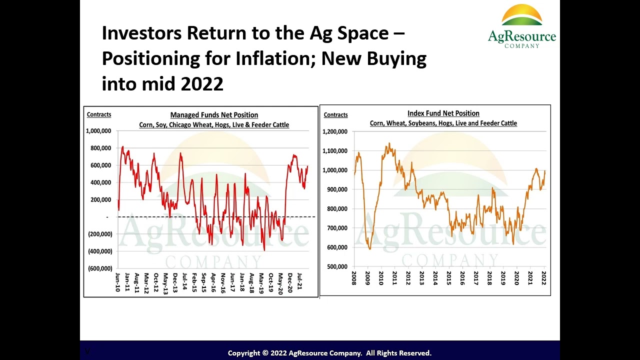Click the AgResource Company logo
521,26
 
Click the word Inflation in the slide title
260,58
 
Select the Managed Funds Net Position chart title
214,115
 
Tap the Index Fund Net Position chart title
443,113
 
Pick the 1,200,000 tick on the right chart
335,131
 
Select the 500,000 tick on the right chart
337,266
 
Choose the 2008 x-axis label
354,278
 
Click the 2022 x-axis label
544,278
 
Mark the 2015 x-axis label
449,278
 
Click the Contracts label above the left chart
99,114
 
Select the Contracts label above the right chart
335,115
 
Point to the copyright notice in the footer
329,353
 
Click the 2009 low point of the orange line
369,248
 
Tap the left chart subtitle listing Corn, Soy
214,125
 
